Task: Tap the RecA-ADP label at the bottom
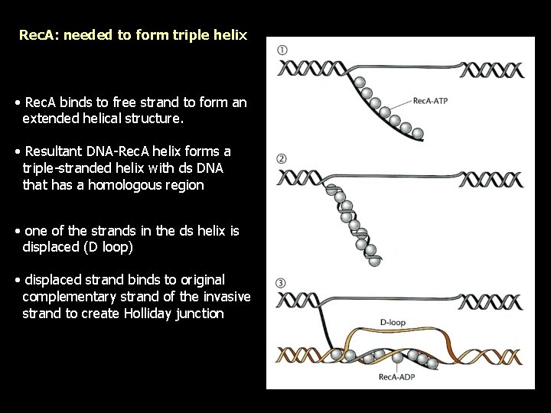click(x=396, y=376)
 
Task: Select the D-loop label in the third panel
click(x=393, y=323)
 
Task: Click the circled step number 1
click(x=282, y=50)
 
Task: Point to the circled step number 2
click(x=282, y=159)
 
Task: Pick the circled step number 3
click(x=282, y=284)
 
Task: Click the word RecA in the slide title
click(x=35, y=35)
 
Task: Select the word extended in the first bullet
click(x=49, y=119)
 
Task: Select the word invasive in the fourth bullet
click(x=227, y=297)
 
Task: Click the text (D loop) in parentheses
click(x=113, y=246)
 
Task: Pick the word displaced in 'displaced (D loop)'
click(x=51, y=246)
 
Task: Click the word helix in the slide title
click(x=230, y=35)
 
